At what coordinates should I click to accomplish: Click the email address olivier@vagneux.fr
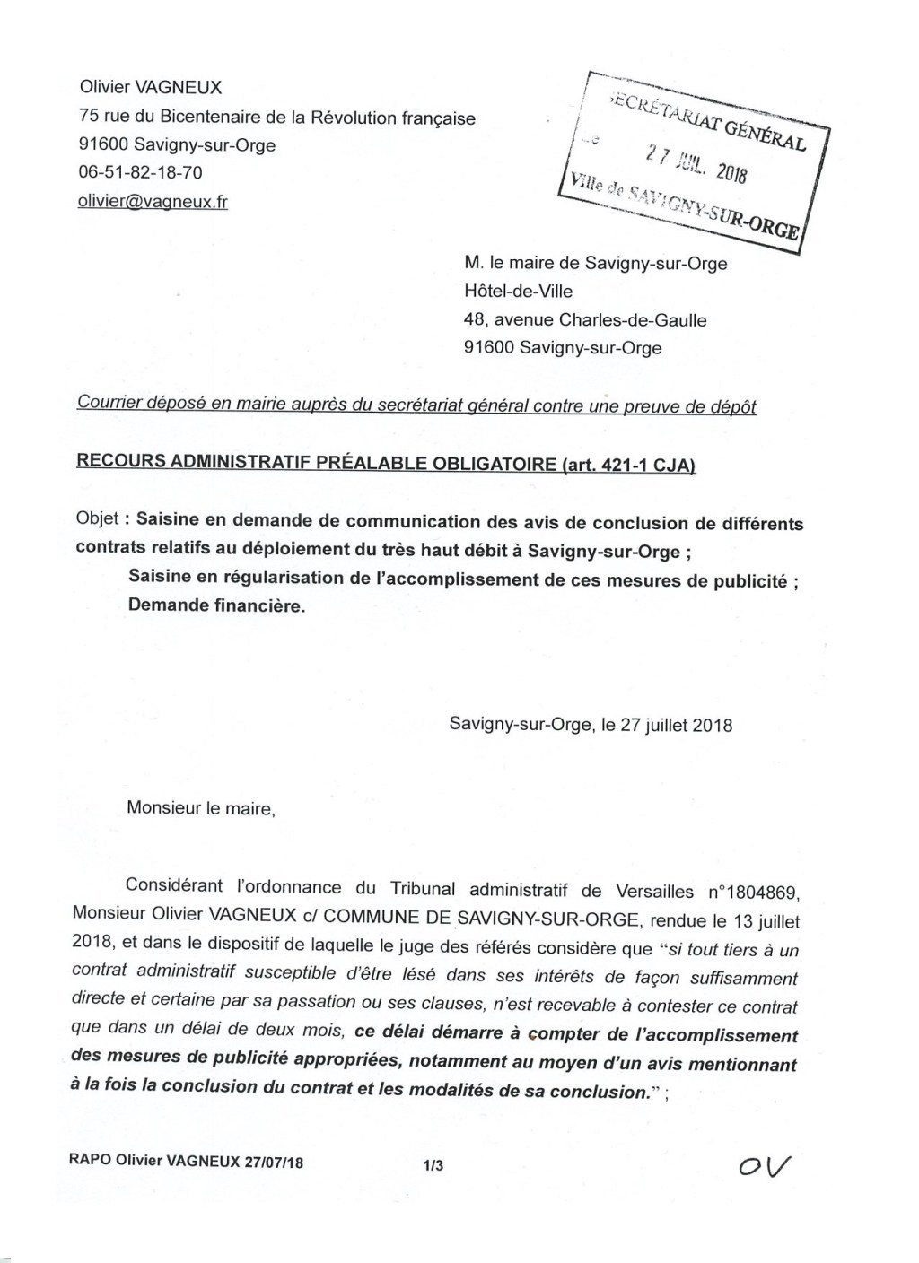tap(153, 202)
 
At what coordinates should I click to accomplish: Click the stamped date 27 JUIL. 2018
tap(696, 161)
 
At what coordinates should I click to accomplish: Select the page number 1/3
tap(433, 1165)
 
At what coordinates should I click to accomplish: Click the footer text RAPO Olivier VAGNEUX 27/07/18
tap(186, 1162)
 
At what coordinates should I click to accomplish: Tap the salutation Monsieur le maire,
tap(200, 808)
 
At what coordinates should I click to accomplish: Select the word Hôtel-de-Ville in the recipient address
tap(518, 292)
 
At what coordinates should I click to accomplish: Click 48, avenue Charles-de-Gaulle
tap(585, 320)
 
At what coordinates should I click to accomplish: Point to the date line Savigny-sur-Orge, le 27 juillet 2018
tap(591, 725)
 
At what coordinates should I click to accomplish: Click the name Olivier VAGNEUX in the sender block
tap(151, 88)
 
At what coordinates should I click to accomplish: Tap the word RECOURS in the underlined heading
tap(121, 463)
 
